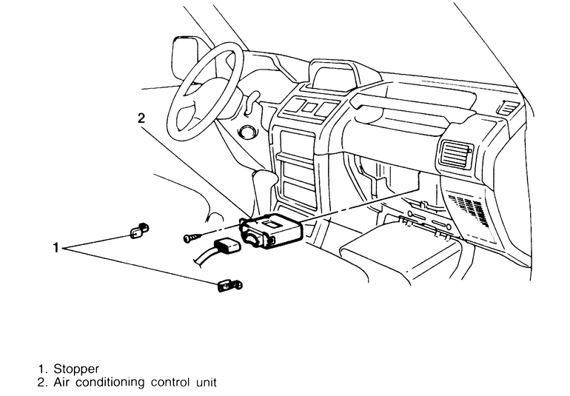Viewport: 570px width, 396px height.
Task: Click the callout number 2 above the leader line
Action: tap(141, 117)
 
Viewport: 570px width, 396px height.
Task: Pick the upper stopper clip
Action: tap(138, 232)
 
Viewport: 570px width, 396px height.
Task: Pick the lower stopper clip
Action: tap(229, 284)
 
